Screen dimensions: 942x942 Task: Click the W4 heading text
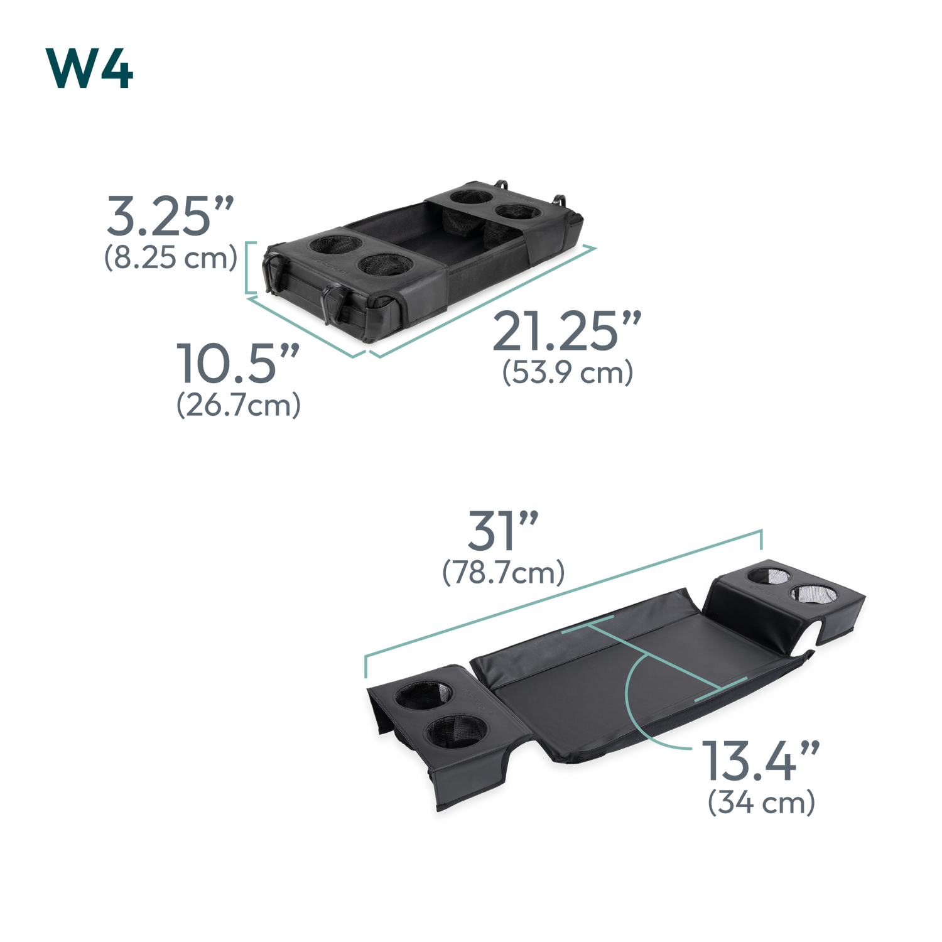[89, 68]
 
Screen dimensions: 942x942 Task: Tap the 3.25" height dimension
[170, 216]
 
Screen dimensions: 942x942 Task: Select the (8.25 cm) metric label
[171, 257]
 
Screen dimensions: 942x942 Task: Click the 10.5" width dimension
[237, 363]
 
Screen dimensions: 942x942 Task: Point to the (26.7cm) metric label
[239, 405]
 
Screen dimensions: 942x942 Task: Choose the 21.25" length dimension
[566, 331]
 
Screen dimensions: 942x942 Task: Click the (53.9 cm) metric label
[567, 372]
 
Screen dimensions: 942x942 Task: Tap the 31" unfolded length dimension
[503, 531]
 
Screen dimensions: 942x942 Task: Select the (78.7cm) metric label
[504, 573]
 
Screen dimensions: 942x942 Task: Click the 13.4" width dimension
[761, 761]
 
